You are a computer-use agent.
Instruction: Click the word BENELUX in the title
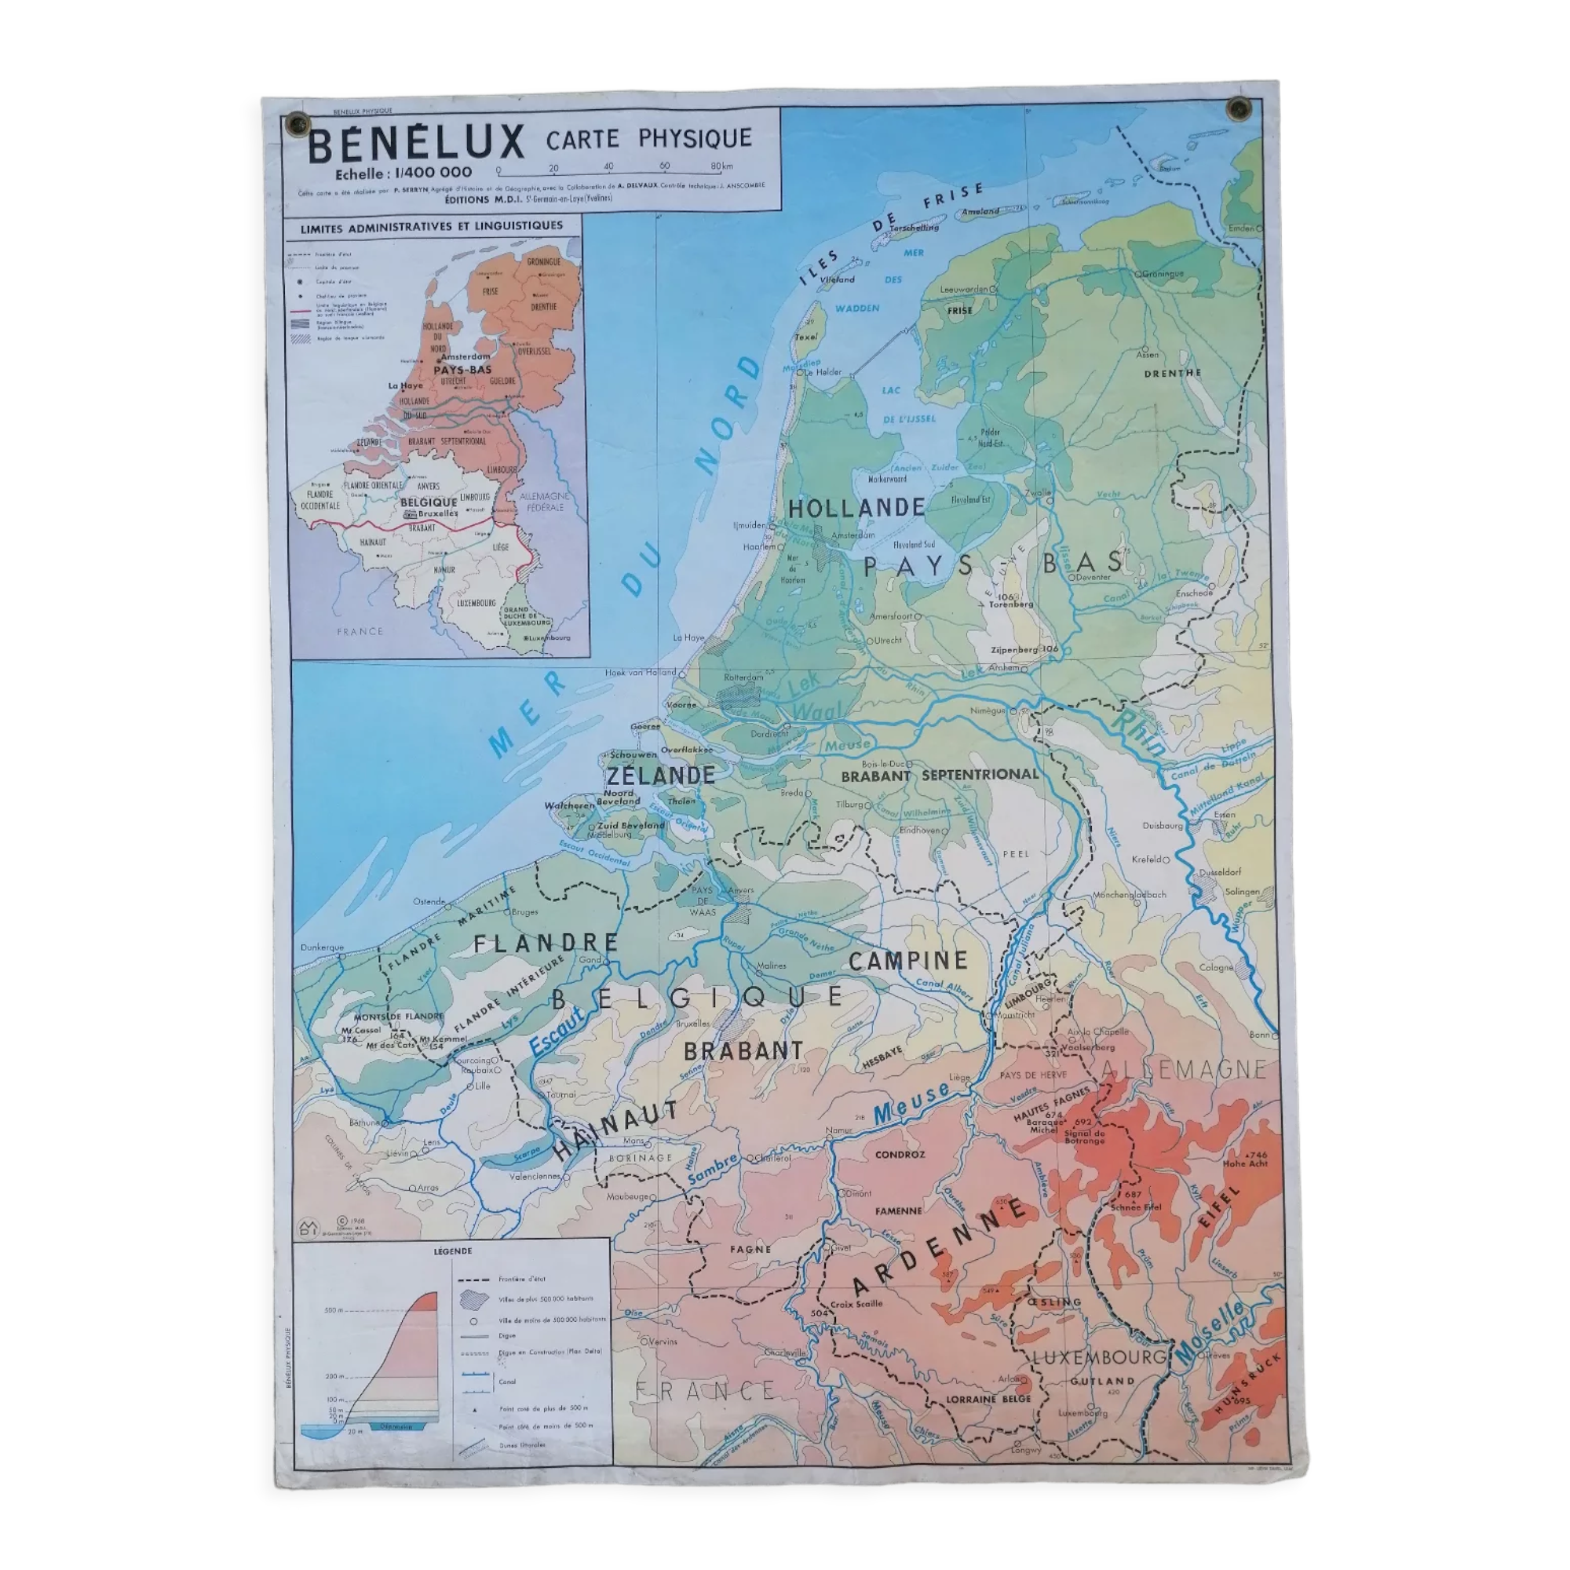click(415, 144)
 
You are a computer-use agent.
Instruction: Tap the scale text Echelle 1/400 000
click(403, 172)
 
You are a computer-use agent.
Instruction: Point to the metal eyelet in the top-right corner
click(1238, 108)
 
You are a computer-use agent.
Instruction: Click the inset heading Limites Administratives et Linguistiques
click(432, 227)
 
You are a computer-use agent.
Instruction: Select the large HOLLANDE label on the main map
click(856, 509)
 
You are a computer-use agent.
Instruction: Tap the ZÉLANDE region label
click(661, 776)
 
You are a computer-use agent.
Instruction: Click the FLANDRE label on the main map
click(546, 944)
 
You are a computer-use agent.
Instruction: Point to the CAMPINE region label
click(907, 961)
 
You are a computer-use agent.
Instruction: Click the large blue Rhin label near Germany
click(1137, 732)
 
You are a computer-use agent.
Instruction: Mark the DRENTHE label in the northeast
click(1172, 373)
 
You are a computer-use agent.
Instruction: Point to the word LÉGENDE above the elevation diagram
click(453, 1251)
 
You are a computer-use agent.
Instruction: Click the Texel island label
click(805, 337)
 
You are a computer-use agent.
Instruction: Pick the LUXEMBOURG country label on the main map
click(1098, 1357)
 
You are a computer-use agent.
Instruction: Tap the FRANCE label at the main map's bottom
click(706, 1390)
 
